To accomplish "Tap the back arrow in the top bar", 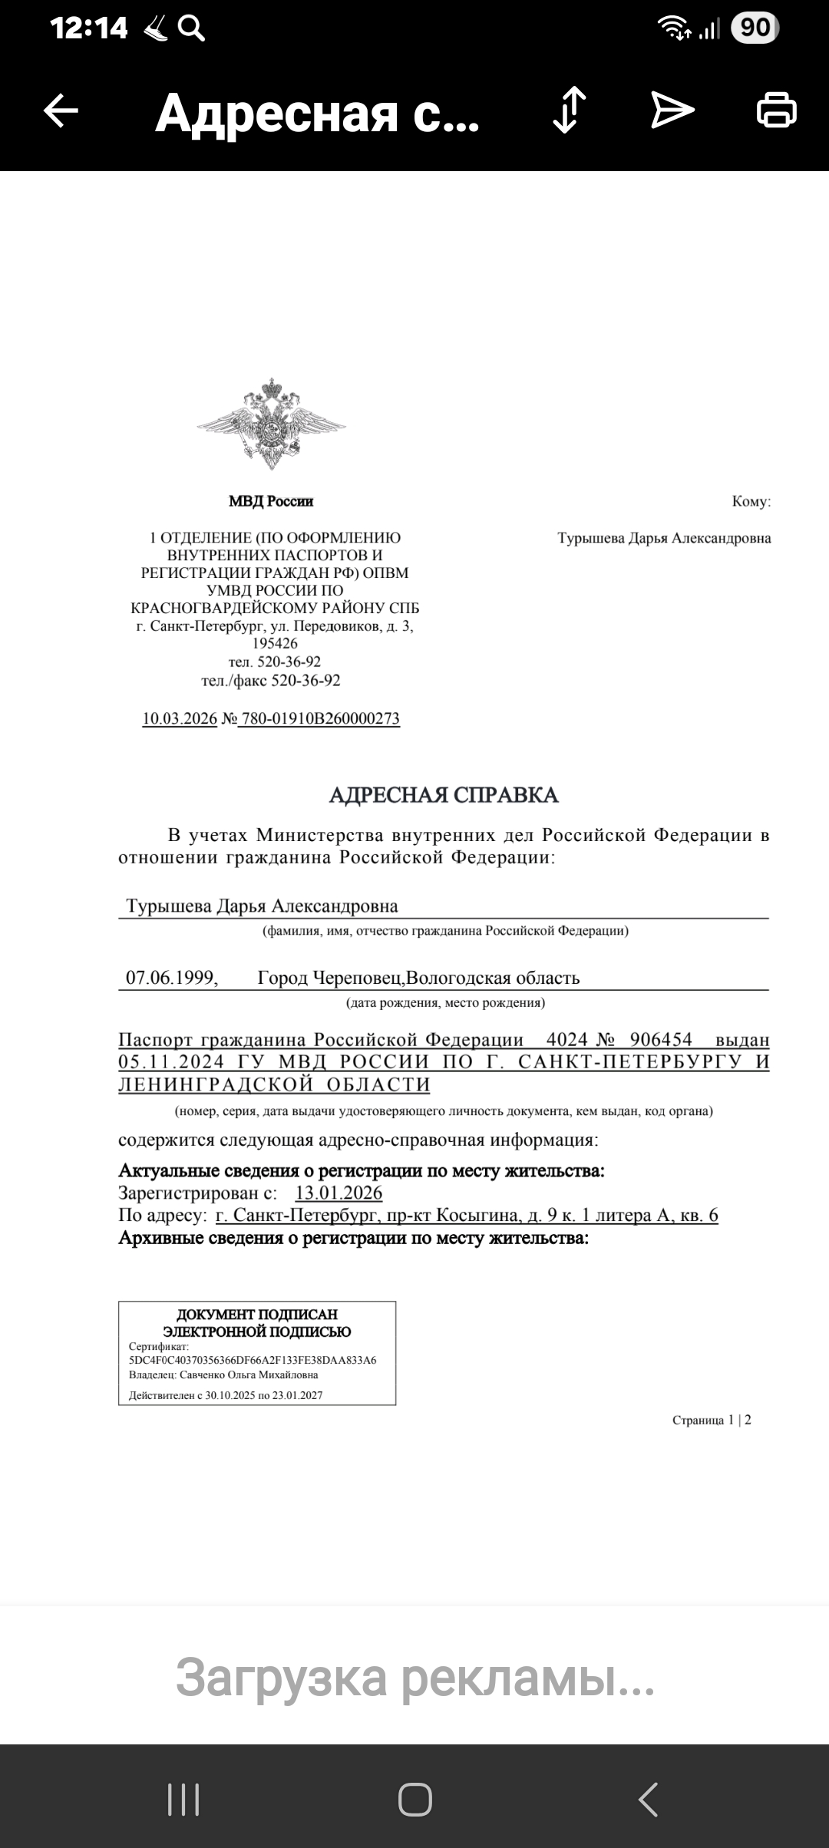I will coord(61,111).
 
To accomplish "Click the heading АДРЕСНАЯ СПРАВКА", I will coord(444,795).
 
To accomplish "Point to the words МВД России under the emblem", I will coord(271,501).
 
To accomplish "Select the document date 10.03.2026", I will coord(180,719).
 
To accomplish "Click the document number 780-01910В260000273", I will coord(320,719).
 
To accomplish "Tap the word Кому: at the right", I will coord(751,502).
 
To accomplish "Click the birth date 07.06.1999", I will coord(171,978).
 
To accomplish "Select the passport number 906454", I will coord(661,1040).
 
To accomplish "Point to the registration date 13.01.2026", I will coord(339,1193).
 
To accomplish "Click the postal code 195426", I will coord(275,644).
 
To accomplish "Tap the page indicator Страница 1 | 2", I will coord(712,1420).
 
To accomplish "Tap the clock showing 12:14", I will coord(89,28).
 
